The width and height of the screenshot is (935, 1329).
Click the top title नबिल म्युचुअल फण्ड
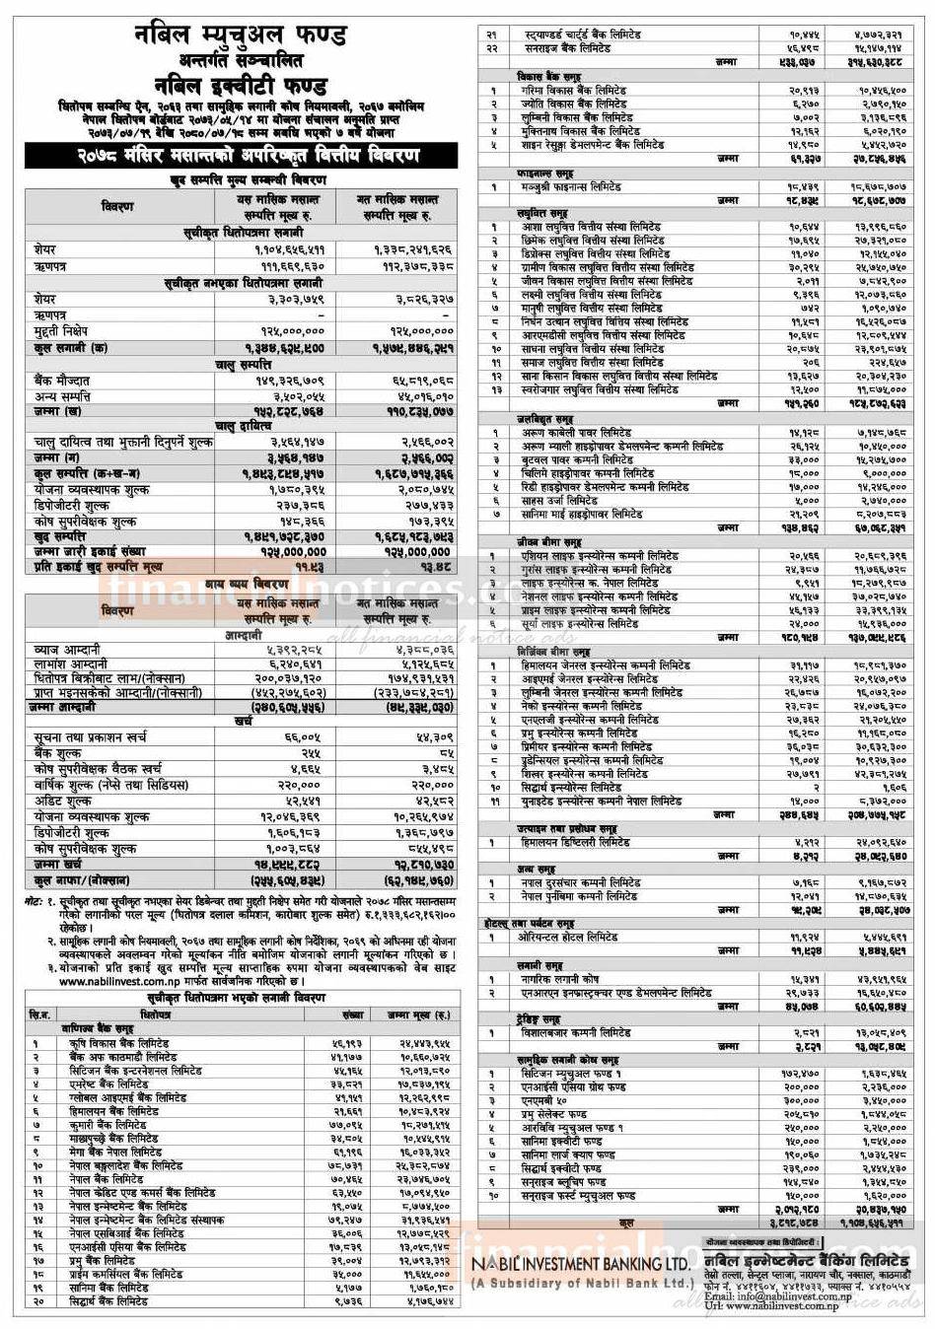[x=241, y=35]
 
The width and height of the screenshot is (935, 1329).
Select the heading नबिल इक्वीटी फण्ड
[x=241, y=83]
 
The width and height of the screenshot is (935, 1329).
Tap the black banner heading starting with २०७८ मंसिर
[x=241, y=156]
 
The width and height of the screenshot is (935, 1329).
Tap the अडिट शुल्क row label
[x=62, y=801]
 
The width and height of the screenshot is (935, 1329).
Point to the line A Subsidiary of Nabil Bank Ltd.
[x=580, y=1284]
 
